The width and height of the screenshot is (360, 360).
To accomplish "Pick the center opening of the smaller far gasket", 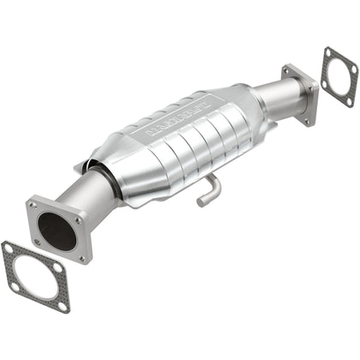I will (339, 81).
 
